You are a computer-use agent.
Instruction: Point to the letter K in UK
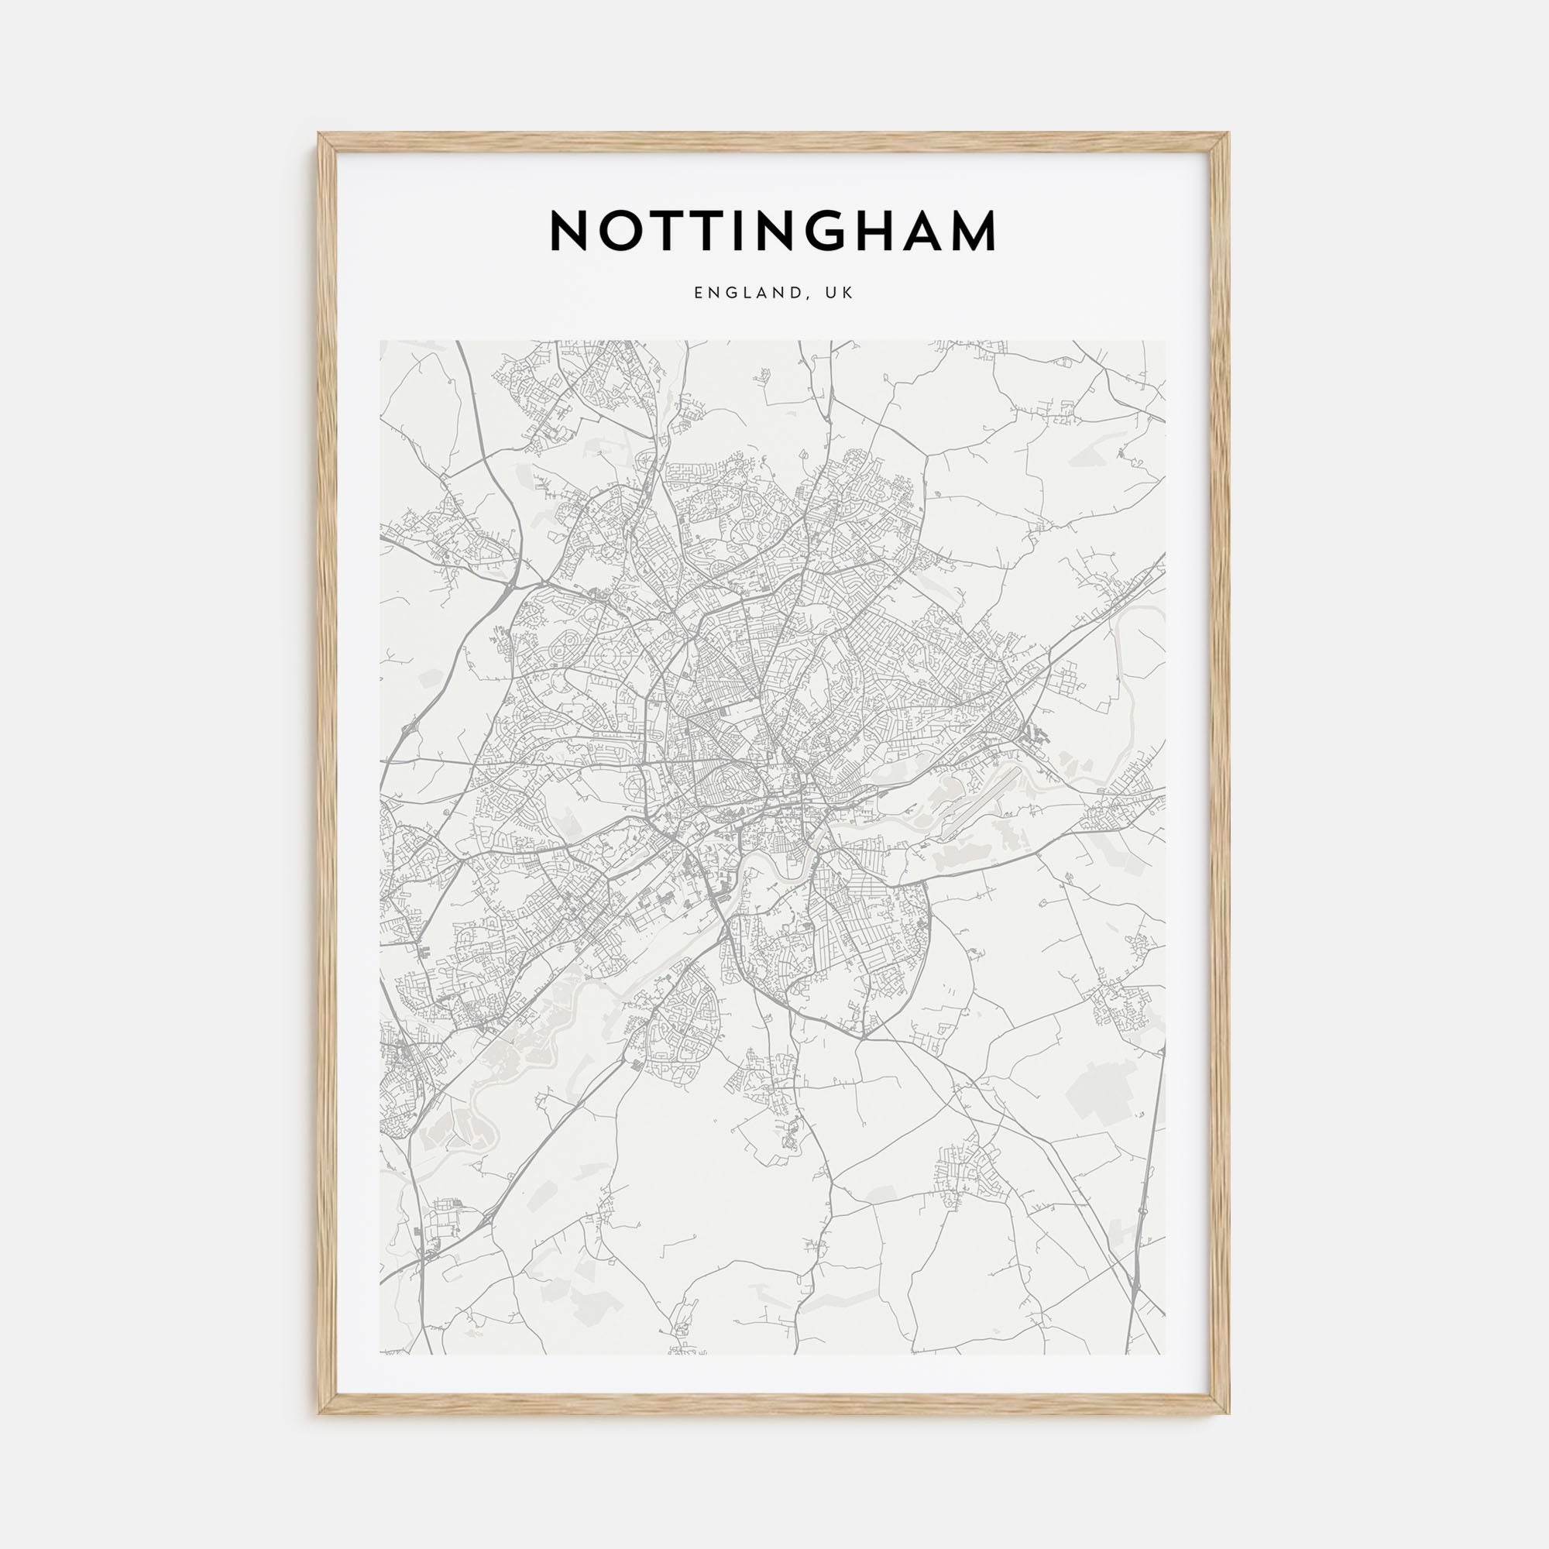coord(848,294)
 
